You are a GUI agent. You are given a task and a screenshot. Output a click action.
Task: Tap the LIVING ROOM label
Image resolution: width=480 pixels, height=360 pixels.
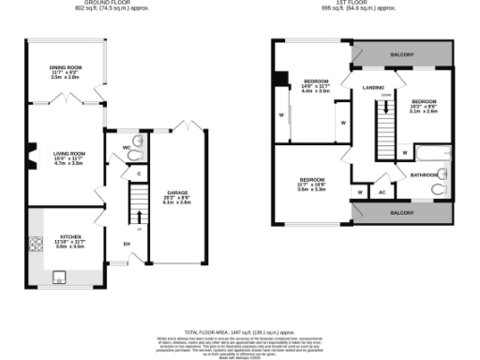pyautogui.click(x=68, y=152)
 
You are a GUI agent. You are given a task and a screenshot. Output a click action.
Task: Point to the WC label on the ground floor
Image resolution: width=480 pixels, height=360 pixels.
pyautogui.click(x=126, y=146)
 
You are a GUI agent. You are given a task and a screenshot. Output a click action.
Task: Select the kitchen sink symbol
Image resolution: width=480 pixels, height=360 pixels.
pyautogui.click(x=57, y=276)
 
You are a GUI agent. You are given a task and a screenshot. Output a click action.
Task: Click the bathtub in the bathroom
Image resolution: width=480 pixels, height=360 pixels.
pyautogui.click(x=433, y=154)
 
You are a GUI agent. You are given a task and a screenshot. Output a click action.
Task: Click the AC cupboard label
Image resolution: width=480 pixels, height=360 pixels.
pyautogui.click(x=382, y=192)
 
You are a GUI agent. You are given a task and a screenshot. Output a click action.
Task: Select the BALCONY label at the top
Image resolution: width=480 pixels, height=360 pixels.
pyautogui.click(x=401, y=54)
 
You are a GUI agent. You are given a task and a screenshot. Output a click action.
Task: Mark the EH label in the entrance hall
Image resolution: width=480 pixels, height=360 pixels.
pyautogui.click(x=127, y=246)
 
